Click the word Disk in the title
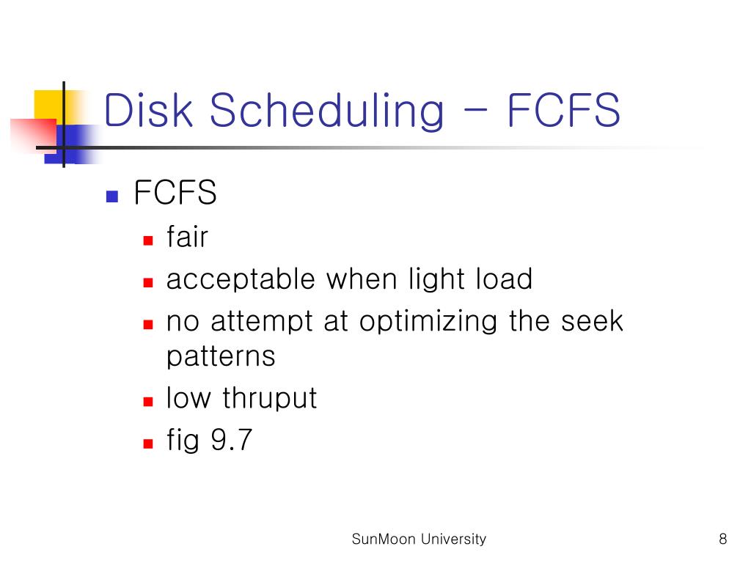click(150, 110)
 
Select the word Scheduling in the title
click(327, 110)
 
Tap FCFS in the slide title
click(564, 110)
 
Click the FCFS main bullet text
click(175, 194)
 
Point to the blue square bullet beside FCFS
click(112, 196)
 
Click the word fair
click(187, 238)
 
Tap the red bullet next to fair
click(147, 240)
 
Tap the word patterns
click(221, 357)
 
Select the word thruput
click(269, 399)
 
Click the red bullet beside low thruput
click(147, 401)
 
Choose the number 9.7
click(231, 441)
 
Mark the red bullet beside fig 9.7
click(147, 443)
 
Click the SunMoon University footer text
click(419, 540)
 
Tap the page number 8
click(723, 540)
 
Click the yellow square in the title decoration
click(47, 103)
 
